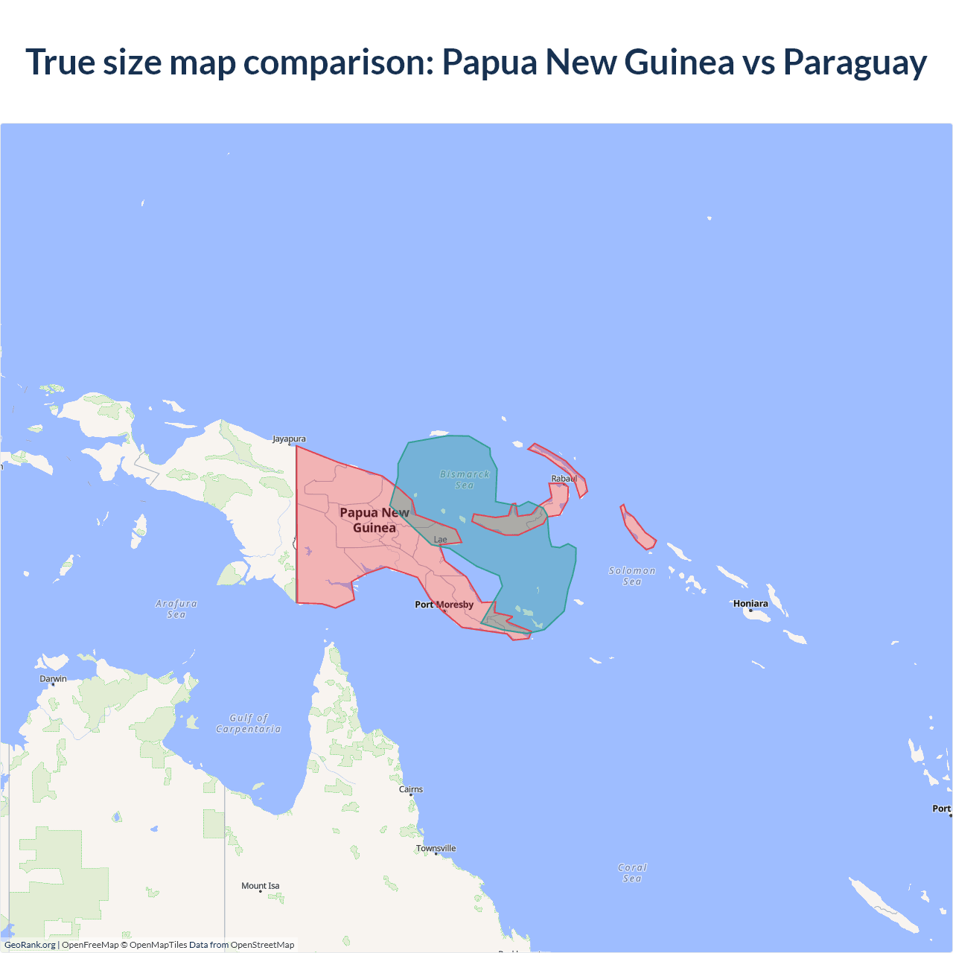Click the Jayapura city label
click(x=289, y=439)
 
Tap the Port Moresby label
click(x=444, y=605)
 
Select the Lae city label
click(x=441, y=540)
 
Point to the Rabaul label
click(x=564, y=479)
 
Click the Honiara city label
click(x=750, y=604)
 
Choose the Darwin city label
click(x=53, y=679)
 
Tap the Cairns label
click(x=411, y=789)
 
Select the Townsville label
click(x=436, y=849)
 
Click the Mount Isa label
click(x=261, y=886)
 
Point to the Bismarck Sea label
click(x=465, y=479)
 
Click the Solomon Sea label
click(x=632, y=576)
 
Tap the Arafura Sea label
click(x=176, y=609)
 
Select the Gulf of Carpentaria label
click(x=249, y=724)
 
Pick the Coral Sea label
click(x=632, y=873)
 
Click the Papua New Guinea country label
click(x=374, y=520)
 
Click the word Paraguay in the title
click(x=855, y=63)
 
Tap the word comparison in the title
click(x=339, y=63)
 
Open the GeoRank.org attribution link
click(x=30, y=945)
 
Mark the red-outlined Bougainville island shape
click(x=637, y=528)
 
